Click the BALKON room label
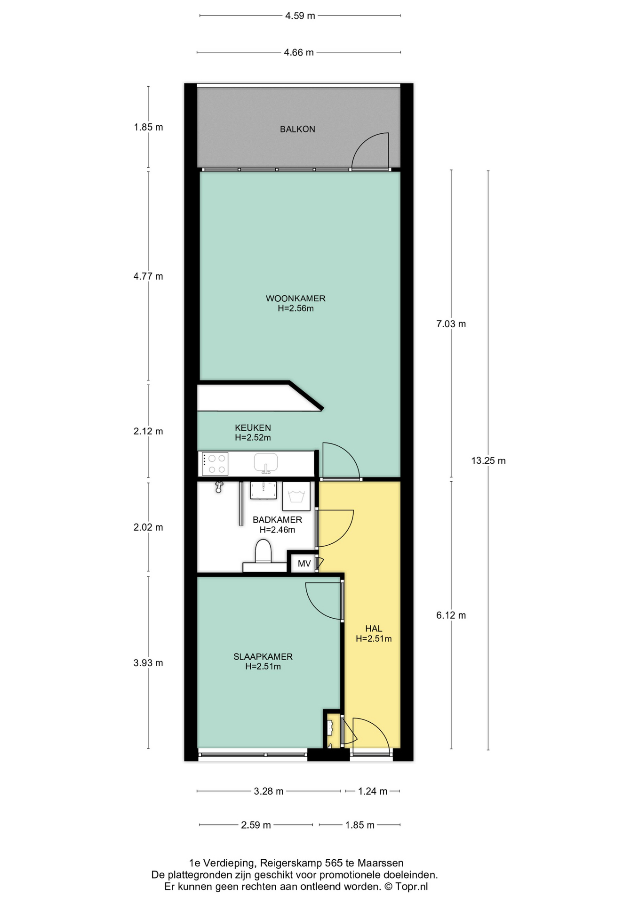pyautogui.click(x=297, y=129)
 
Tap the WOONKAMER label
pyautogui.click(x=296, y=299)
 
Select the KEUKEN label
pyautogui.click(x=253, y=428)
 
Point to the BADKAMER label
pyautogui.click(x=277, y=520)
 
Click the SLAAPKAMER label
pyautogui.click(x=263, y=657)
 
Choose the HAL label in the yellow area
pyautogui.click(x=374, y=629)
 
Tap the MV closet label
pyautogui.click(x=304, y=564)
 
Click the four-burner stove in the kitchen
pyautogui.click(x=215, y=464)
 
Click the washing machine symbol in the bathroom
pyautogui.click(x=296, y=496)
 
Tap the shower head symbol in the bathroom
pyautogui.click(x=219, y=487)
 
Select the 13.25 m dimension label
pyautogui.click(x=488, y=460)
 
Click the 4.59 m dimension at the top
pyautogui.click(x=300, y=16)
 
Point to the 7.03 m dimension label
pyautogui.click(x=451, y=323)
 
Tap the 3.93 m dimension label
pyautogui.click(x=148, y=663)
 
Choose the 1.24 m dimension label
pyautogui.click(x=373, y=791)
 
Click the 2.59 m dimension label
pyautogui.click(x=256, y=825)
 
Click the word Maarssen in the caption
pyautogui.click(x=380, y=863)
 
